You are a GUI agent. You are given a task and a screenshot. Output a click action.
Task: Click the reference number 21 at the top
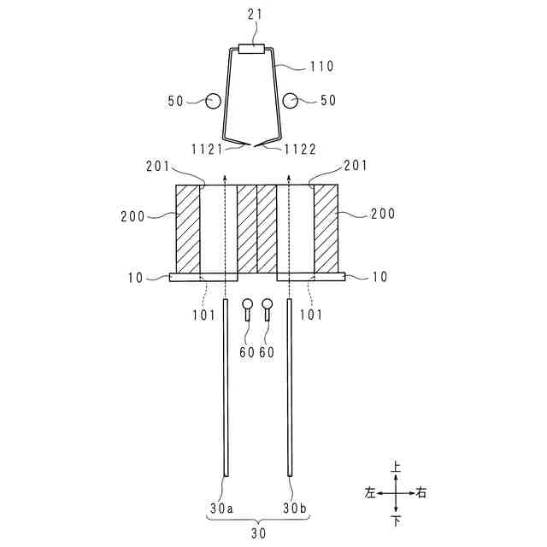point(255,15)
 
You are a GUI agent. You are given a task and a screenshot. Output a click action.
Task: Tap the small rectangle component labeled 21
point(252,49)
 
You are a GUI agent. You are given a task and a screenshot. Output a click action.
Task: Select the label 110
point(321,66)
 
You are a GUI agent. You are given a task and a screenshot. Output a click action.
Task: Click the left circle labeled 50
point(213,101)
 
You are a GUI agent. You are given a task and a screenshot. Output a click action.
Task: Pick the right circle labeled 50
point(290,101)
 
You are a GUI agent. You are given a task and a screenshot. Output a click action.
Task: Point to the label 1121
point(207,150)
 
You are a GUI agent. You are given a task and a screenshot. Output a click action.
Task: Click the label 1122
point(300,150)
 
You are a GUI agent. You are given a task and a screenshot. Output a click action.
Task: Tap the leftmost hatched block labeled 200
point(188,229)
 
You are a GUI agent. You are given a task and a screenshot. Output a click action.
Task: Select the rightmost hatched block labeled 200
point(326,229)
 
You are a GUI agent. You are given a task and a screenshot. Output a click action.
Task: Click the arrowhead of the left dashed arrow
point(225,177)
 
